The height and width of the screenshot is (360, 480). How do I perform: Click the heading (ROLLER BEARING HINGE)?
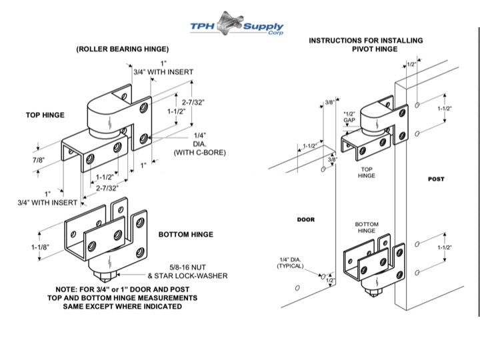[122, 49]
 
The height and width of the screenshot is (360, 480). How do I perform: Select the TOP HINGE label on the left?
[45, 115]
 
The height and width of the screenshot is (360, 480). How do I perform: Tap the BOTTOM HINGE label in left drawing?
[186, 235]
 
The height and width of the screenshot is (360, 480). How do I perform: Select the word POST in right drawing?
[436, 179]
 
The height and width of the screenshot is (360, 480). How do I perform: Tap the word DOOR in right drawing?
[305, 219]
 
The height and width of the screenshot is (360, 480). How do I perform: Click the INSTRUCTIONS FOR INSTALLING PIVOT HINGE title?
[365, 45]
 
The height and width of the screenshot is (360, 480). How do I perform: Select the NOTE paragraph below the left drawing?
[122, 298]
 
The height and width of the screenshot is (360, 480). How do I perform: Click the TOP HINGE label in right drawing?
[366, 173]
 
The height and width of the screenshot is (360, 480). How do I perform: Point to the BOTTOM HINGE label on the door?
[366, 227]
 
